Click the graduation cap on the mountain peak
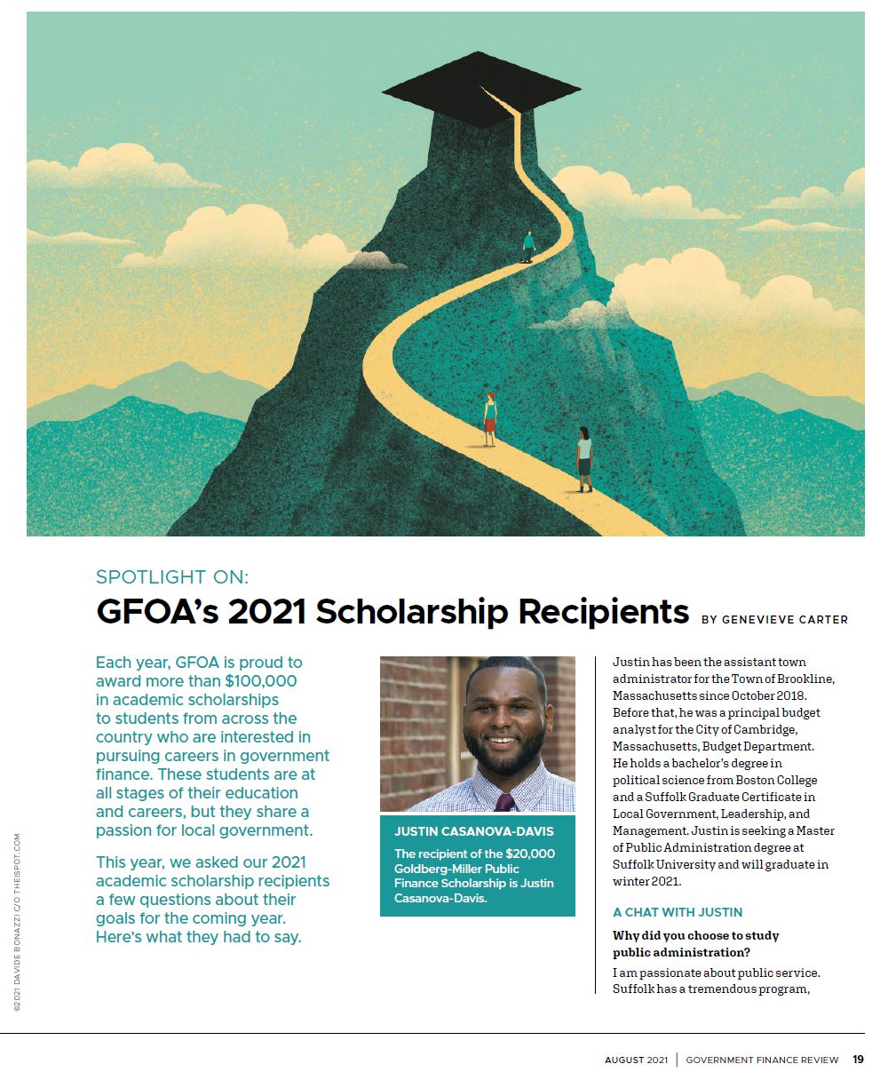pyautogui.click(x=480, y=93)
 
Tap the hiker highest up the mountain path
pyautogui.click(x=528, y=246)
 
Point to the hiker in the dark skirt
pyautogui.click(x=583, y=458)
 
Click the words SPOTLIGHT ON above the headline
pyautogui.click(x=172, y=577)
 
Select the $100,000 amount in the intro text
pyautogui.click(x=261, y=681)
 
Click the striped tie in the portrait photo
pyautogui.click(x=504, y=803)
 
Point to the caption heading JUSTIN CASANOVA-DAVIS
pyautogui.click(x=474, y=831)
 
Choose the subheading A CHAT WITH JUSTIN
pyautogui.click(x=678, y=912)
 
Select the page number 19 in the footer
pyautogui.click(x=858, y=1059)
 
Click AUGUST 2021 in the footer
pyautogui.click(x=636, y=1060)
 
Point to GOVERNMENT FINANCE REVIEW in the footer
pyautogui.click(x=762, y=1060)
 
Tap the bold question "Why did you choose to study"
pyautogui.click(x=695, y=935)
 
